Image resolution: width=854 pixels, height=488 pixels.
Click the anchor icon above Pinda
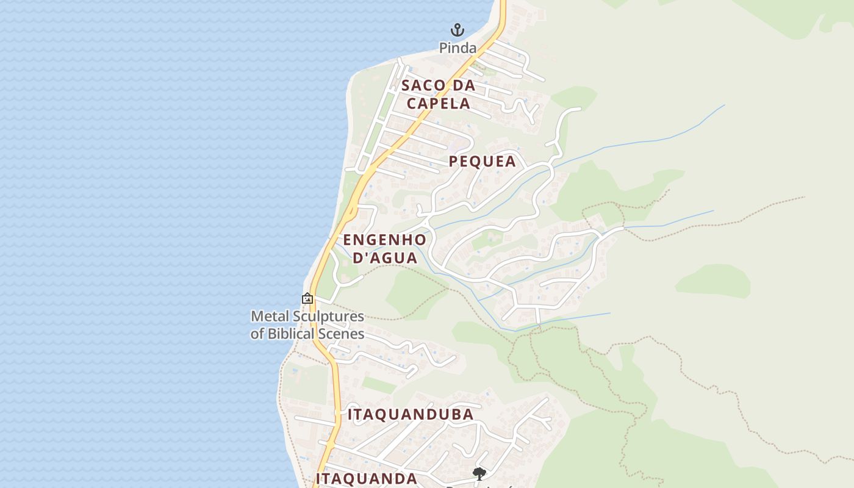tap(457, 29)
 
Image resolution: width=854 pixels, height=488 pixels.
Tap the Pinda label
tap(457, 48)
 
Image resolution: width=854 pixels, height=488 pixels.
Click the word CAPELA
tap(439, 103)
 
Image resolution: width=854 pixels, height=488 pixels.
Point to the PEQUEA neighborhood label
tap(483, 162)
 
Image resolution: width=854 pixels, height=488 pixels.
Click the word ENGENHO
tap(384, 240)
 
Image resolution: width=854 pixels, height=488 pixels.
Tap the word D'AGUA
tap(386, 257)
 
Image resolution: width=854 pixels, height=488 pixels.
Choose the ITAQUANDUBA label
tap(411, 415)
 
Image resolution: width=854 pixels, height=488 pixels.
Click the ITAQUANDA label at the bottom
tap(367, 478)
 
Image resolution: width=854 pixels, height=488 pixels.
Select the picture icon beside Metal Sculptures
tap(307, 298)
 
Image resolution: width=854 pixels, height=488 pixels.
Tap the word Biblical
tap(299, 334)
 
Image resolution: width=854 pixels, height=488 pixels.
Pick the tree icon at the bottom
tap(479, 473)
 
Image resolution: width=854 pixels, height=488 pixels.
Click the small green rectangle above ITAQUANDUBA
tap(379, 384)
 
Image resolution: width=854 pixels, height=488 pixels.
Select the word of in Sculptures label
tap(258, 334)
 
